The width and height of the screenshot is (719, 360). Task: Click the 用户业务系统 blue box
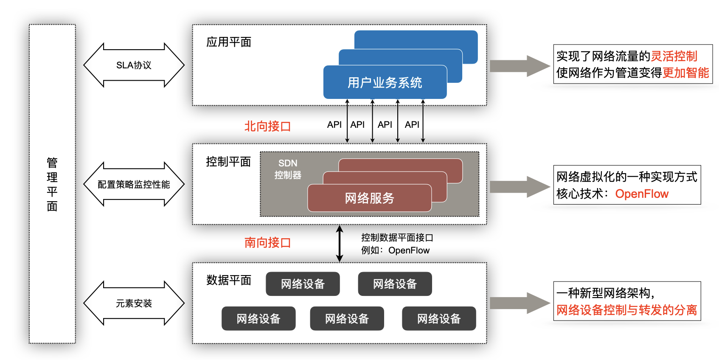[385, 82]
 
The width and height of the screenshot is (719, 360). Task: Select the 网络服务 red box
[369, 198]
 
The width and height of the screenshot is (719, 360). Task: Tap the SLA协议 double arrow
[134, 65]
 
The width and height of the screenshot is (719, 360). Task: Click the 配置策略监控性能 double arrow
[134, 184]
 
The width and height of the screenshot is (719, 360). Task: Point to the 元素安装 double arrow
[134, 303]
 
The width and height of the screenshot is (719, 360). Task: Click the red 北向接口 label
[267, 126]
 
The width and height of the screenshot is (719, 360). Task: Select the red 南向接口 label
[267, 242]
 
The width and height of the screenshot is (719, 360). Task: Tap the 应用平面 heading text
[229, 42]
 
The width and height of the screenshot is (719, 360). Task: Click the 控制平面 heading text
[228, 162]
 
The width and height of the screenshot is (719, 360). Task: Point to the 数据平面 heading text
[229, 280]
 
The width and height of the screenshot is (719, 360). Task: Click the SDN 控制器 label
[288, 169]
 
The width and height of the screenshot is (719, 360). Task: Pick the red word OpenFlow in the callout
[642, 194]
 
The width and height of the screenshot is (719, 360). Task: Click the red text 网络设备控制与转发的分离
[626, 310]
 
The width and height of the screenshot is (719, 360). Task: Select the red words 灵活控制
[674, 56]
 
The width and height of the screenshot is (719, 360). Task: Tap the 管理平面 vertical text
[52, 184]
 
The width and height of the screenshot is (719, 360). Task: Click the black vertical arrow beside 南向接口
[340, 244]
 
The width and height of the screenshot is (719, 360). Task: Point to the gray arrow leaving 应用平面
[520, 66]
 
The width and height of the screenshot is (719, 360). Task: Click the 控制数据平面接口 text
[397, 238]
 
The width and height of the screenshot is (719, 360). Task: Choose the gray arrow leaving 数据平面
[520, 303]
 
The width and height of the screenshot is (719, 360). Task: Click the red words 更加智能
[685, 73]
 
